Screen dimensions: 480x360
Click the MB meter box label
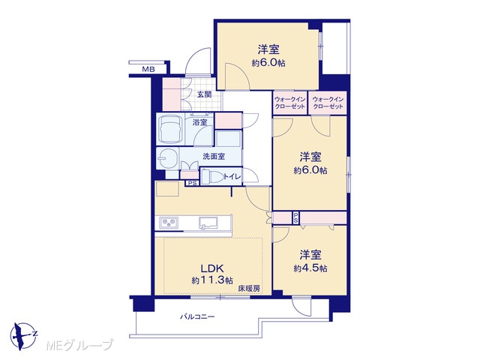pos(148,70)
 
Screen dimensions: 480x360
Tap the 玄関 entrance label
pos(204,94)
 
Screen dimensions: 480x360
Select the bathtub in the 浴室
pos(169,129)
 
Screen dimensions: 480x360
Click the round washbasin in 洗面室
pos(168,158)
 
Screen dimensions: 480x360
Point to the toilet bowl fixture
pos(212,177)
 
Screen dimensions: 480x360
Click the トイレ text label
pos(232,177)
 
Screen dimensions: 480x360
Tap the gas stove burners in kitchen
pos(168,223)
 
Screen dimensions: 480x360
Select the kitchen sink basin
pos(208,223)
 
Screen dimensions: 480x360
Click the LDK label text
pos(212,268)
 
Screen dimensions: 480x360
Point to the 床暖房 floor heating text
pos(249,288)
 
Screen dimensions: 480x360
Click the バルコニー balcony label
pos(197,316)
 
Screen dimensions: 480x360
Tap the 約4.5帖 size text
pos(310,268)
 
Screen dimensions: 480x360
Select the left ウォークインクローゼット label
pos(289,103)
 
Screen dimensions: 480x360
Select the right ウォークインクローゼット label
pos(328,103)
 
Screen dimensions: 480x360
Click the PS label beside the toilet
pos(192,183)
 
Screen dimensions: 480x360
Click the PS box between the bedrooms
pos(295,217)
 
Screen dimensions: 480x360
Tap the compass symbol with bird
pos(23,336)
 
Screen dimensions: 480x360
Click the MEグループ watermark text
pos(79,345)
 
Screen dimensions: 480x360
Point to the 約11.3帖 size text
pos(212,280)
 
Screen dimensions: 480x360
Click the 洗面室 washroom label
pos(214,157)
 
